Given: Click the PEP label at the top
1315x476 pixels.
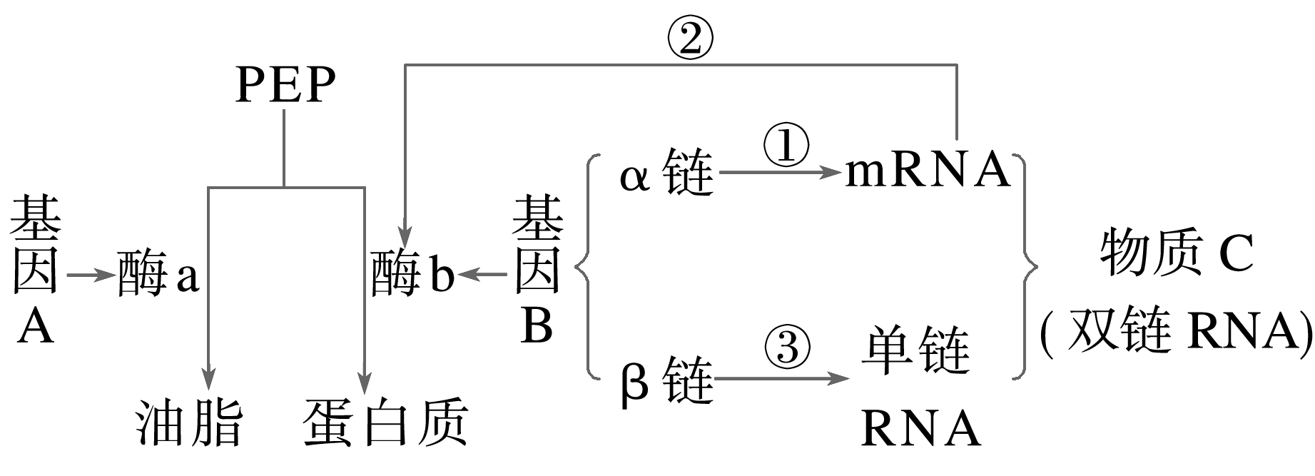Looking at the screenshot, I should coord(285,86).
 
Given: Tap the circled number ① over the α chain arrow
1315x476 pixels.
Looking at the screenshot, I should coord(786,146).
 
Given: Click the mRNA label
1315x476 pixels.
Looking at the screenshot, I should coord(928,171).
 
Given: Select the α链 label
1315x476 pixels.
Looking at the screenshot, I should coord(666,173).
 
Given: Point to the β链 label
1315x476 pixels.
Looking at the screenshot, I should coord(666,381).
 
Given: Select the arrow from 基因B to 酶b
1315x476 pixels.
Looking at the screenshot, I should coord(483,274).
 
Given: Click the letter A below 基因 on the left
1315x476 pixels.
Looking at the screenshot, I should coord(36,329).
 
